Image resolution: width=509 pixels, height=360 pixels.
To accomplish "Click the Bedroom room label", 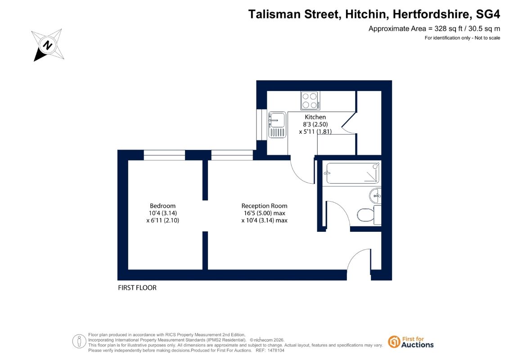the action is pyautogui.click(x=162, y=206).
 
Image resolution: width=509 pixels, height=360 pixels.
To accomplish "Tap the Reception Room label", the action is pyautogui.click(x=264, y=206).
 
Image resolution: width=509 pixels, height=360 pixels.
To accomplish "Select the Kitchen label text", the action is pyautogui.click(x=315, y=117).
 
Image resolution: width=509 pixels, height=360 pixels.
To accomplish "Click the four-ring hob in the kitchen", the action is pyautogui.click(x=310, y=100).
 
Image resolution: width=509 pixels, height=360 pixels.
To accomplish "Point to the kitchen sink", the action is pyautogui.click(x=277, y=125).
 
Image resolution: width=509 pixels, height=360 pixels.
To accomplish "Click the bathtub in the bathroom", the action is pyautogui.click(x=352, y=173).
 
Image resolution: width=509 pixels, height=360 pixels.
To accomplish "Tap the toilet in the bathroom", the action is pyautogui.click(x=369, y=215).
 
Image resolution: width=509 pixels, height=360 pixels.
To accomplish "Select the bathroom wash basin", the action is pyautogui.click(x=375, y=196).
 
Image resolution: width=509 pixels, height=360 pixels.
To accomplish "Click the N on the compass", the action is pyautogui.click(x=48, y=45).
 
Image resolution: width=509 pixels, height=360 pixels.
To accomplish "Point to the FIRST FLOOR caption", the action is pyautogui.click(x=137, y=288).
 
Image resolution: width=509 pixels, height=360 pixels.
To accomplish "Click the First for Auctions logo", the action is pyautogui.click(x=411, y=342).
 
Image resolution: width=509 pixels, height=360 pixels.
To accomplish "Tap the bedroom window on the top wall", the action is pyautogui.click(x=164, y=155).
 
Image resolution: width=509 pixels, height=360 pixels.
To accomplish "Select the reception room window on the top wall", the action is pyautogui.click(x=232, y=155).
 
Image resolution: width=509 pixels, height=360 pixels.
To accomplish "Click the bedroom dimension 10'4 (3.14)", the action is pyautogui.click(x=162, y=213).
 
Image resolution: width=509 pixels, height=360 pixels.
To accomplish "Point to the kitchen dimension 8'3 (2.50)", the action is pyautogui.click(x=315, y=124).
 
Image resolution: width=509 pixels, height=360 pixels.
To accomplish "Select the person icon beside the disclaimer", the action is pyautogui.click(x=79, y=342).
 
